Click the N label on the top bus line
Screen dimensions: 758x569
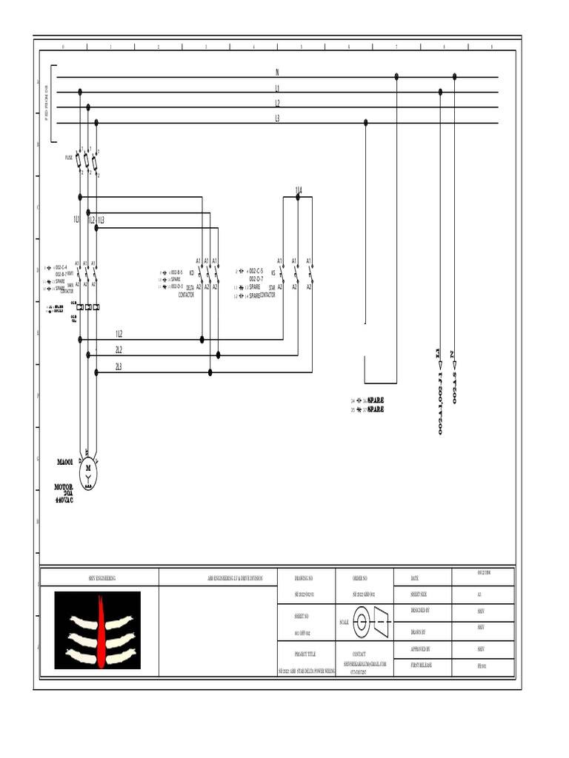[277, 72]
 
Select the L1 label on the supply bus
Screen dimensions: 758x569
[277, 88]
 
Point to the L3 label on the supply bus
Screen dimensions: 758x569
[277, 118]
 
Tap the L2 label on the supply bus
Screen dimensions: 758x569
[277, 104]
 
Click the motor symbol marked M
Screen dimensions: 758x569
[88, 469]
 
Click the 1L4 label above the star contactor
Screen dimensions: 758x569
[298, 190]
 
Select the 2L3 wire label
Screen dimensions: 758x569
[119, 366]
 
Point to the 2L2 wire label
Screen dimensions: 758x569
[119, 350]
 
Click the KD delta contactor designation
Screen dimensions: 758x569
[191, 272]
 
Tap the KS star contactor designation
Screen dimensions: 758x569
[273, 272]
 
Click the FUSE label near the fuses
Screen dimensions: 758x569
[69, 158]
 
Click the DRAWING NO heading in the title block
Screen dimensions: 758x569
[304, 577]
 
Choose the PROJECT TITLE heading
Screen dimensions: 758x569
[305, 654]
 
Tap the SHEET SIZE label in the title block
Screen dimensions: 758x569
[419, 594]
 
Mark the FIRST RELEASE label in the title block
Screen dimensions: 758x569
[421, 665]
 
